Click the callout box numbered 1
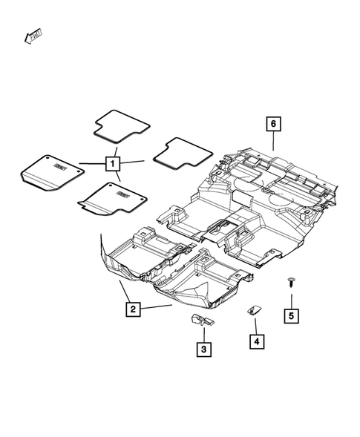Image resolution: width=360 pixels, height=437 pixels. (113, 163)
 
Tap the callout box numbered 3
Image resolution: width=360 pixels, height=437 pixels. (202, 346)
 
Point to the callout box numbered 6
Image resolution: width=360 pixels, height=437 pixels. (273, 122)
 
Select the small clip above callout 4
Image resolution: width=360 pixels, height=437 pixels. (252, 311)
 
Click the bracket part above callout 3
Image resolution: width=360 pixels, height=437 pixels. (198, 319)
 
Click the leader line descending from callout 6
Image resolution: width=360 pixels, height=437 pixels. (273, 141)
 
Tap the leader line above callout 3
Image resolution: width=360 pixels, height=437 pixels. (201, 332)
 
